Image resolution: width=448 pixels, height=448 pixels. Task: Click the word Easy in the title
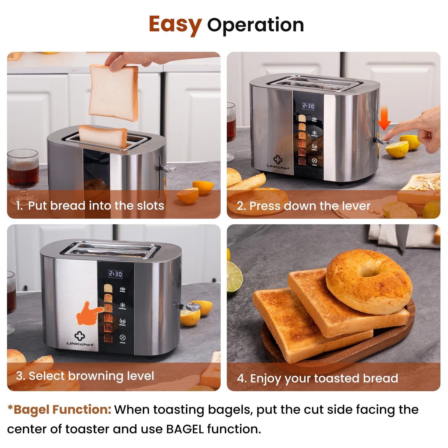(175, 25)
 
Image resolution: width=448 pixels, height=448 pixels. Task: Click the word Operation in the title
(255, 25)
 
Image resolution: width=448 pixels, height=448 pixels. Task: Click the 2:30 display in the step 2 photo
(308, 106)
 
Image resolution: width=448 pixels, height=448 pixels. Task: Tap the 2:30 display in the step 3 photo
(115, 274)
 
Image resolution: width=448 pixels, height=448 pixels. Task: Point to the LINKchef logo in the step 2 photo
(278, 163)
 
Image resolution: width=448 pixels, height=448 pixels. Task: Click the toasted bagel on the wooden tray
(369, 281)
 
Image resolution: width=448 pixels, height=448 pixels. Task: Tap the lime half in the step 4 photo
(234, 277)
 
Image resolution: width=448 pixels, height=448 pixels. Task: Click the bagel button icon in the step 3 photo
(123, 289)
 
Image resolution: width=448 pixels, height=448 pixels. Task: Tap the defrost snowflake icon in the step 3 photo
(123, 305)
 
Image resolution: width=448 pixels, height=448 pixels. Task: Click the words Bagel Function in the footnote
(62, 410)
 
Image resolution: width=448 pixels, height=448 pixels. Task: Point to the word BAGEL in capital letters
(185, 429)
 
